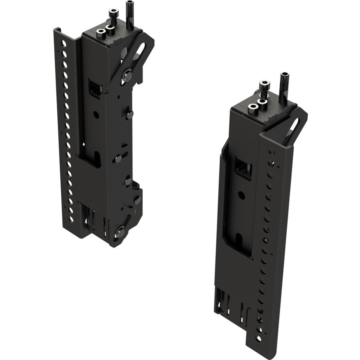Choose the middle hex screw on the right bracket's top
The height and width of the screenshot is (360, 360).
pos(262,102)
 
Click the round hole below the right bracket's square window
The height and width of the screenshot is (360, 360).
pos(241,195)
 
